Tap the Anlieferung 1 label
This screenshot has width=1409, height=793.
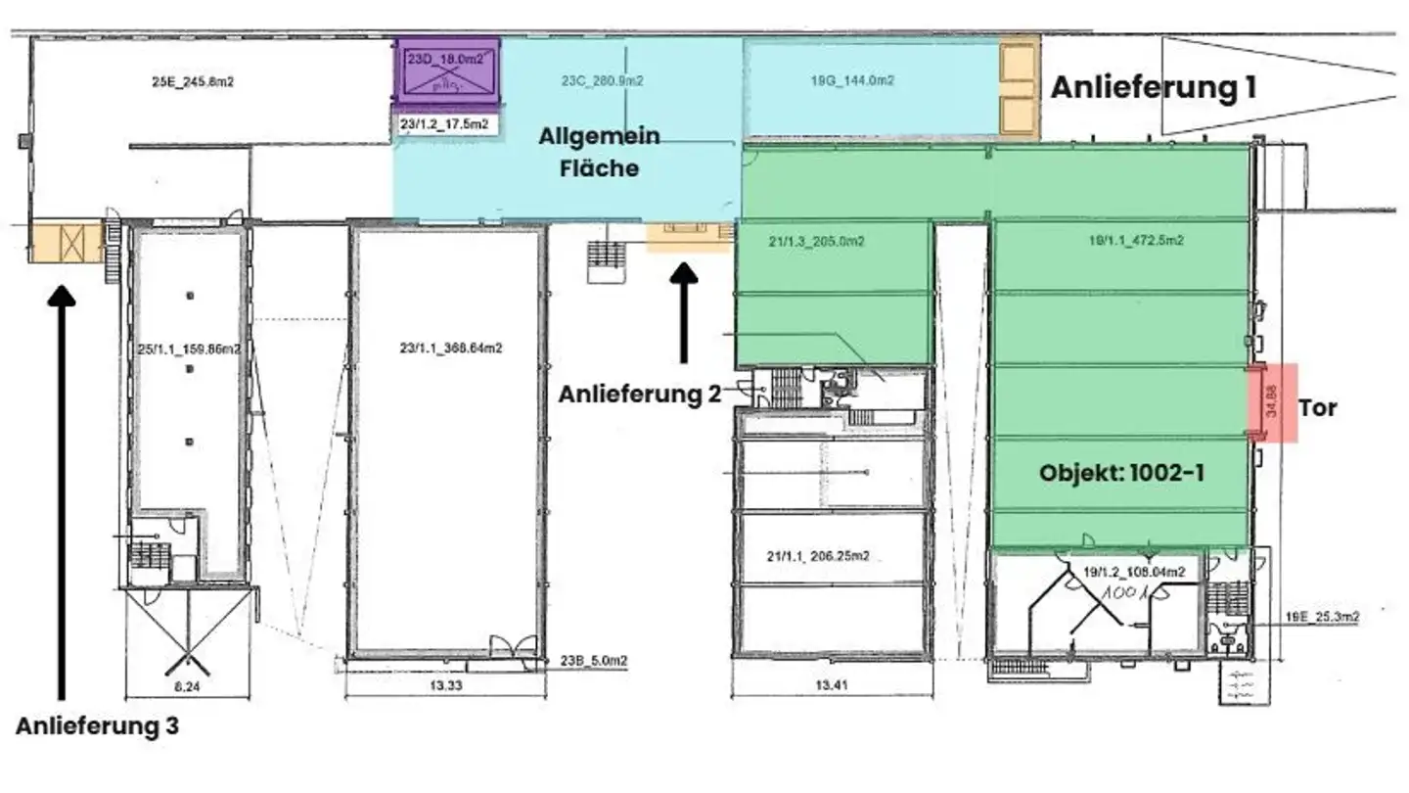(1153, 88)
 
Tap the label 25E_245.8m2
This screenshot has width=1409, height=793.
(193, 82)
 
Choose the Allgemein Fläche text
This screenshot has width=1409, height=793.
(599, 152)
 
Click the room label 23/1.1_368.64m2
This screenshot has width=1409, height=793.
(451, 348)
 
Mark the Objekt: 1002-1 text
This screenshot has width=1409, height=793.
(1121, 473)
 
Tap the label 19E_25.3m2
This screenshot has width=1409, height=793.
(1322, 617)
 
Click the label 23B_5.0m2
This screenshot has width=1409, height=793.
(596, 661)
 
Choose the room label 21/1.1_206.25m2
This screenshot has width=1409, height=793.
(818, 556)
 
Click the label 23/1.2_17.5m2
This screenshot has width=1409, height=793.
(445, 124)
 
